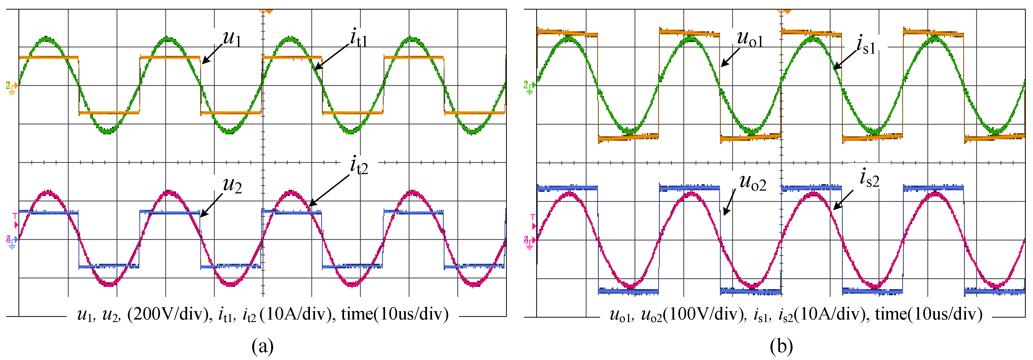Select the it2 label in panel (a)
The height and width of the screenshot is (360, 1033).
pyautogui.click(x=359, y=165)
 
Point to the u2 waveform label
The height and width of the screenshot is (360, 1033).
pyautogui.click(x=232, y=185)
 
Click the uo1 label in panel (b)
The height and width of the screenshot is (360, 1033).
pyautogui.click(x=749, y=39)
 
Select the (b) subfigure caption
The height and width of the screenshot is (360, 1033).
pyautogui.click(x=781, y=345)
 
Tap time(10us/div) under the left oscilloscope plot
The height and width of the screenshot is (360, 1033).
pyautogui.click(x=395, y=314)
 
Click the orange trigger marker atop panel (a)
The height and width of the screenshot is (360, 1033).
pyautogui.click(x=266, y=11)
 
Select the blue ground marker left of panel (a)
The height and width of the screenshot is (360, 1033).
pyautogui.click(x=12, y=242)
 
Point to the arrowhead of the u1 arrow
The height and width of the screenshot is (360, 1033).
pyautogui.click(x=203, y=63)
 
